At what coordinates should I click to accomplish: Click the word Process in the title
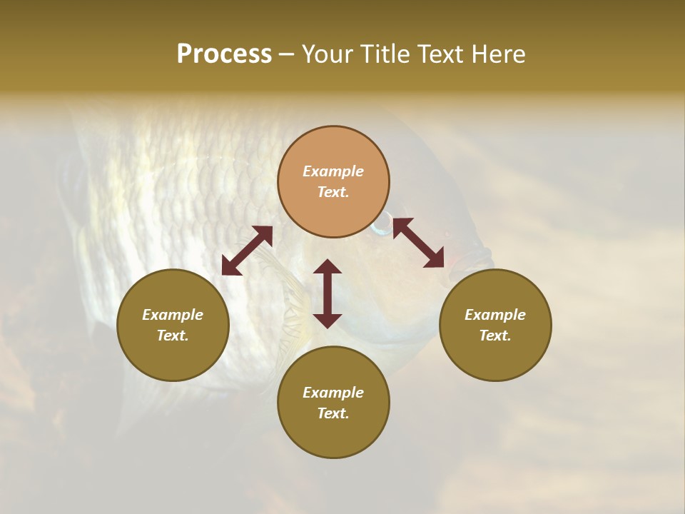[x=224, y=54]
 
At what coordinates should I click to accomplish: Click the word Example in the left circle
[x=173, y=315]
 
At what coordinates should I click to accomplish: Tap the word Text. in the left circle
[x=173, y=336]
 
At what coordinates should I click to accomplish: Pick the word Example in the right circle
[x=495, y=315]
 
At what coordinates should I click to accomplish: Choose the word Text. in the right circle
[x=495, y=336]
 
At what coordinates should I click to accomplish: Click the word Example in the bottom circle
[x=333, y=393]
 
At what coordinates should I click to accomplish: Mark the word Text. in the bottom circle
[x=333, y=413]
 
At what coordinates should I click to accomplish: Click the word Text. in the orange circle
[x=333, y=192]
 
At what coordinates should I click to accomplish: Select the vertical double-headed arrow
[x=328, y=293]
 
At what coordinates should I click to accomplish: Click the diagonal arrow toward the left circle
[x=247, y=251]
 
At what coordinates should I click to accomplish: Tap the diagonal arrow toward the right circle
[x=419, y=243]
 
